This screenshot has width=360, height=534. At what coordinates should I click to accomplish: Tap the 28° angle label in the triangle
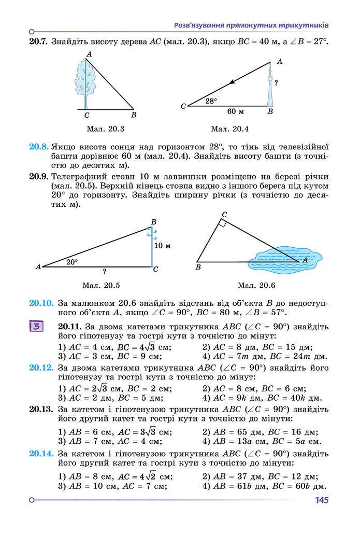(x=211, y=101)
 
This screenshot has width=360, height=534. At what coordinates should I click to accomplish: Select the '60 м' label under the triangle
(x=236, y=111)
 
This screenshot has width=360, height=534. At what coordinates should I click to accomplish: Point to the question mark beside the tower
(x=276, y=82)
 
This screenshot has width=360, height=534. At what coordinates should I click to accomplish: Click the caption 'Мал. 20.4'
(x=230, y=129)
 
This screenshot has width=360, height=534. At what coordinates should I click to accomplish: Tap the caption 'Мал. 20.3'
(x=106, y=129)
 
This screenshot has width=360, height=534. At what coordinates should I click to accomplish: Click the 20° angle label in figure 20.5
(x=72, y=262)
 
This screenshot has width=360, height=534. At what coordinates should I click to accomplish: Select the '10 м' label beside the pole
(x=162, y=245)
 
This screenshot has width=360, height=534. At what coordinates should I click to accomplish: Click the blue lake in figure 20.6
(x=275, y=260)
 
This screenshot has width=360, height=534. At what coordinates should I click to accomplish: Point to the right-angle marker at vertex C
(x=223, y=223)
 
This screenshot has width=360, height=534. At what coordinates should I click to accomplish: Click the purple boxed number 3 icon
(x=37, y=327)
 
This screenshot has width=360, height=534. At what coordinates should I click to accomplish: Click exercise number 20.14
(x=41, y=454)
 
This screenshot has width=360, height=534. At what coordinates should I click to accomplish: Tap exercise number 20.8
(x=39, y=147)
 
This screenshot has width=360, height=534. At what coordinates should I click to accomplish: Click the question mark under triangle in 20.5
(x=104, y=271)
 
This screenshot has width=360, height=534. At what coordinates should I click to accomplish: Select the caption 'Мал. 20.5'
(x=101, y=285)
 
